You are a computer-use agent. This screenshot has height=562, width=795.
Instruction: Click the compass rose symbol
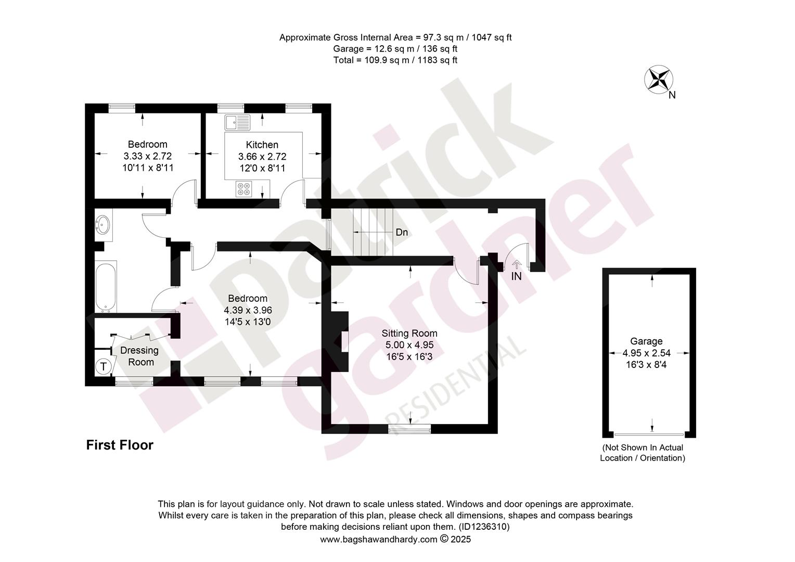pos(658,80)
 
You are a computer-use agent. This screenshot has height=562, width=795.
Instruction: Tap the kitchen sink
pos(237,122)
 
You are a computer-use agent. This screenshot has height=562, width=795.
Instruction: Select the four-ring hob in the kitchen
pos(244,188)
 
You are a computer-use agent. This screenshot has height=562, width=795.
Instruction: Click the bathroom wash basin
pos(104,225)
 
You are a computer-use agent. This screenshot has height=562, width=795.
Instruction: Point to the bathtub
pos(106,287)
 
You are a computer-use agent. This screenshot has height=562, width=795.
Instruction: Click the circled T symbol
pos(104,366)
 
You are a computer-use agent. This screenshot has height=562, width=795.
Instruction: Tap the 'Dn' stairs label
pos(402,232)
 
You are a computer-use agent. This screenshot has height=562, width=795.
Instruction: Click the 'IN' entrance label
pos(517,276)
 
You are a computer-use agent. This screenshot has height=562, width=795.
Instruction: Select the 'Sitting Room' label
pos(409,333)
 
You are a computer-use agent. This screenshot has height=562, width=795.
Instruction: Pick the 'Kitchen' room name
pos(262,145)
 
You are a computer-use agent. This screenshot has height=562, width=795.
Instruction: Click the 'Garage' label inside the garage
pos(646,341)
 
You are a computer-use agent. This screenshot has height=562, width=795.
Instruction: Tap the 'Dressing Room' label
pos(139,356)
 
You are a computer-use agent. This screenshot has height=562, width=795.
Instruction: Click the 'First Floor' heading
pos(120,445)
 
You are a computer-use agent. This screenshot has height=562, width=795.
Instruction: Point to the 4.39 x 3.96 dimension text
pos(248,310)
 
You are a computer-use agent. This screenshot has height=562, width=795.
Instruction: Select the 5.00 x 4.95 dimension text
pos(409,344)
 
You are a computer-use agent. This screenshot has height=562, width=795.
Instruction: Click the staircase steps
pos(373,232)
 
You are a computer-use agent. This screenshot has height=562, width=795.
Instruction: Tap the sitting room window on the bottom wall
pos(409,429)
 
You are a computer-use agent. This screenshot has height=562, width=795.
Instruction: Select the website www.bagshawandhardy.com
pos(378,539)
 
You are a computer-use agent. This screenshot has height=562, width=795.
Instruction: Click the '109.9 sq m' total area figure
pos(387,60)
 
